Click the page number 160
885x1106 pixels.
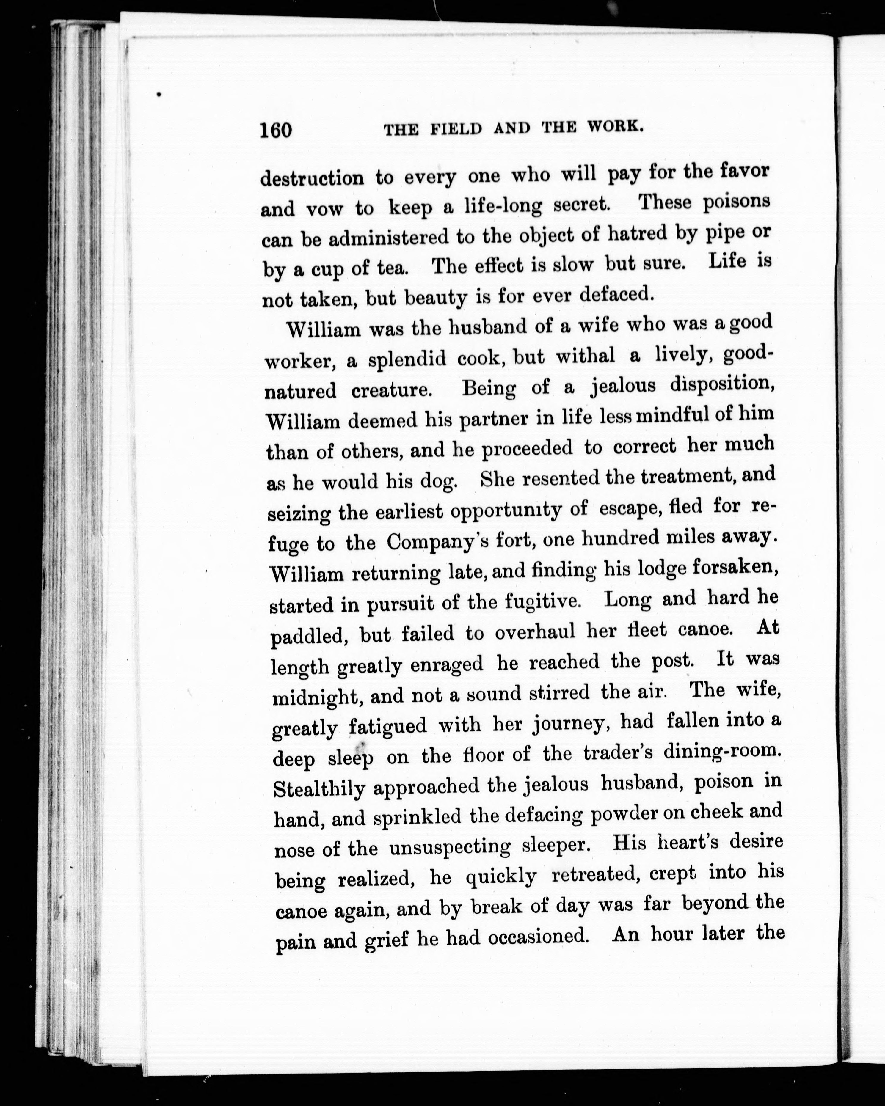pos(276,130)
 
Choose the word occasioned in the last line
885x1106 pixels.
pos(537,937)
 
